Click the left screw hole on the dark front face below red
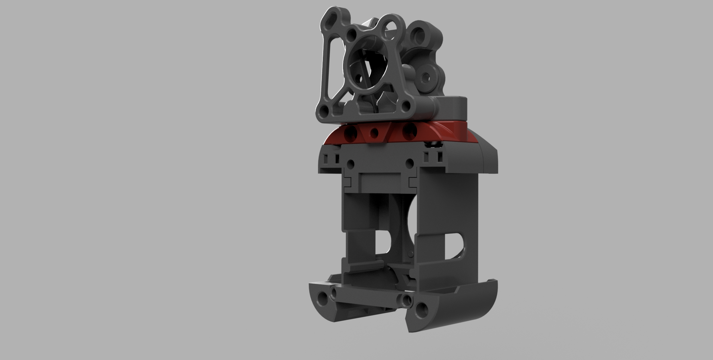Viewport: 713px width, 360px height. pos(351,163)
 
